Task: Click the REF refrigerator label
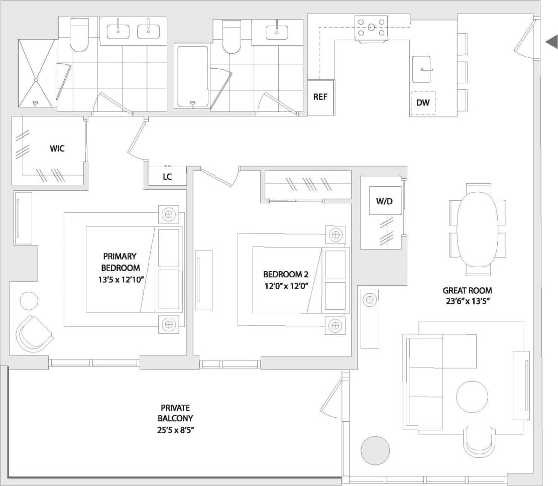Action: [320, 97]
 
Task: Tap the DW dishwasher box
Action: [423, 103]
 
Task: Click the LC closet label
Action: [168, 177]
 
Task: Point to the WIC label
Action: [57, 149]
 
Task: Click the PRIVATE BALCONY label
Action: [175, 419]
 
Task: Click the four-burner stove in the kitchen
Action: [372, 27]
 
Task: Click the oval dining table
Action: [477, 229]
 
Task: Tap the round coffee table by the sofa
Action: [472, 397]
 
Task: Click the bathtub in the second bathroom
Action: [192, 76]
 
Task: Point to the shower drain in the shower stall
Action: [36, 80]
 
